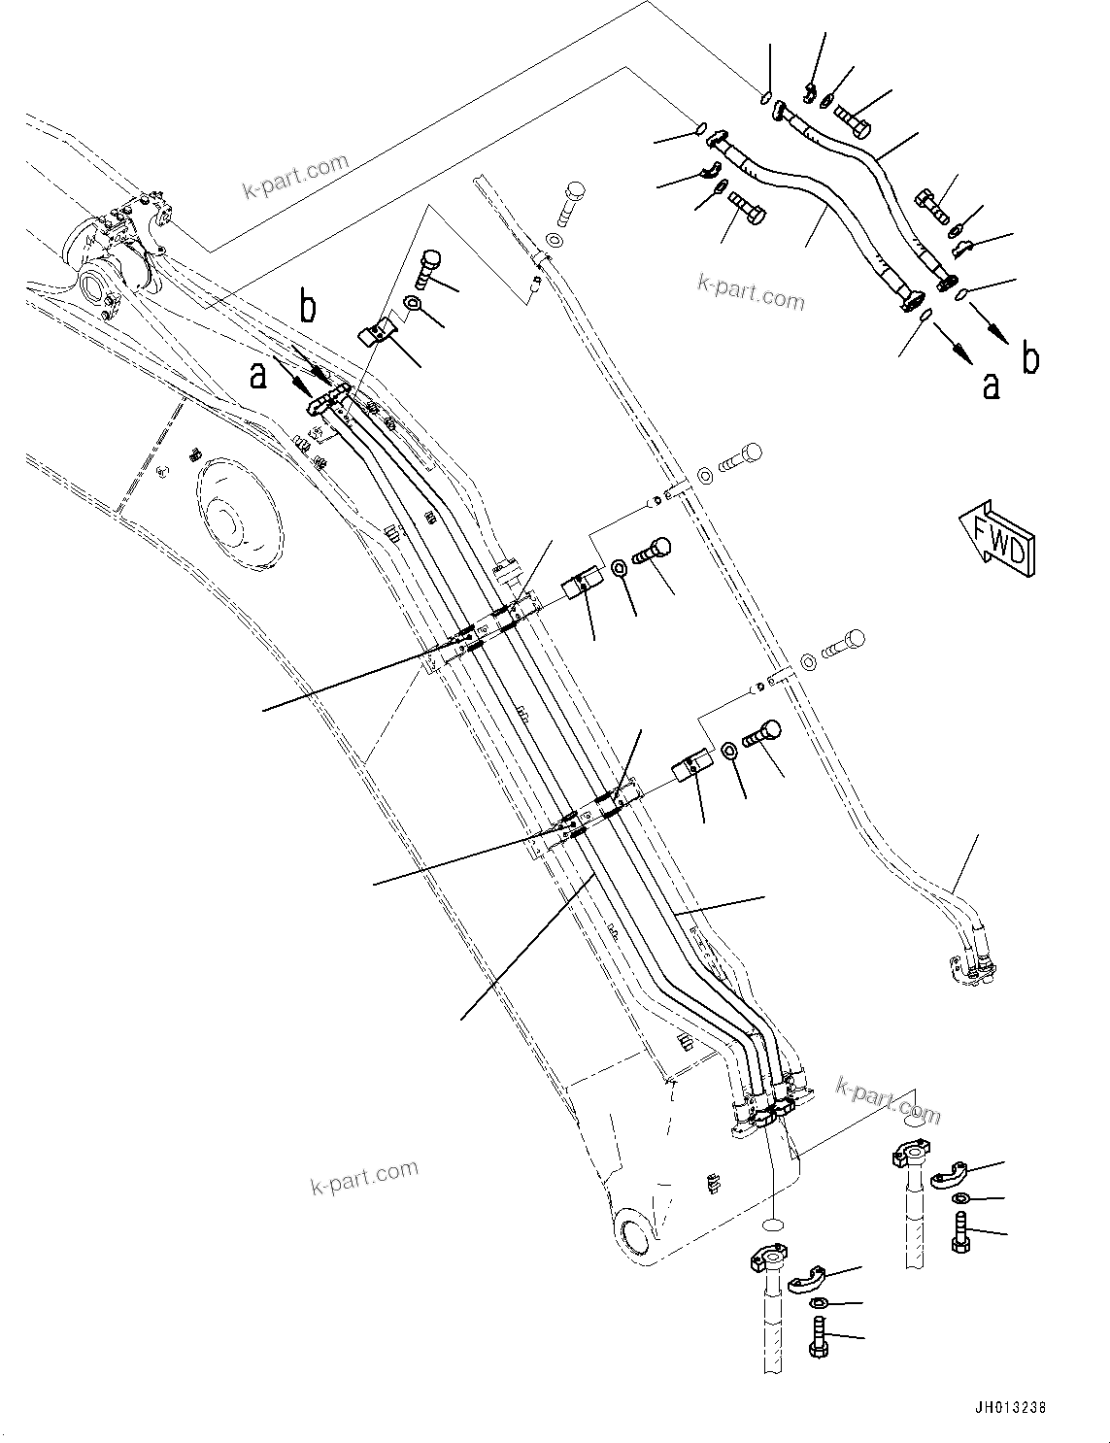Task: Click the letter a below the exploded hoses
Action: [x=990, y=386]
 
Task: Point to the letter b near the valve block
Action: [x=307, y=309]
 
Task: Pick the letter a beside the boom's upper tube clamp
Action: [x=257, y=375]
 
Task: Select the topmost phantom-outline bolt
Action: [x=572, y=201]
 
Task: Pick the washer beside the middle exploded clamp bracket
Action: [x=619, y=567]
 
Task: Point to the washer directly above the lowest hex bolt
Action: [x=819, y=1304]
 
